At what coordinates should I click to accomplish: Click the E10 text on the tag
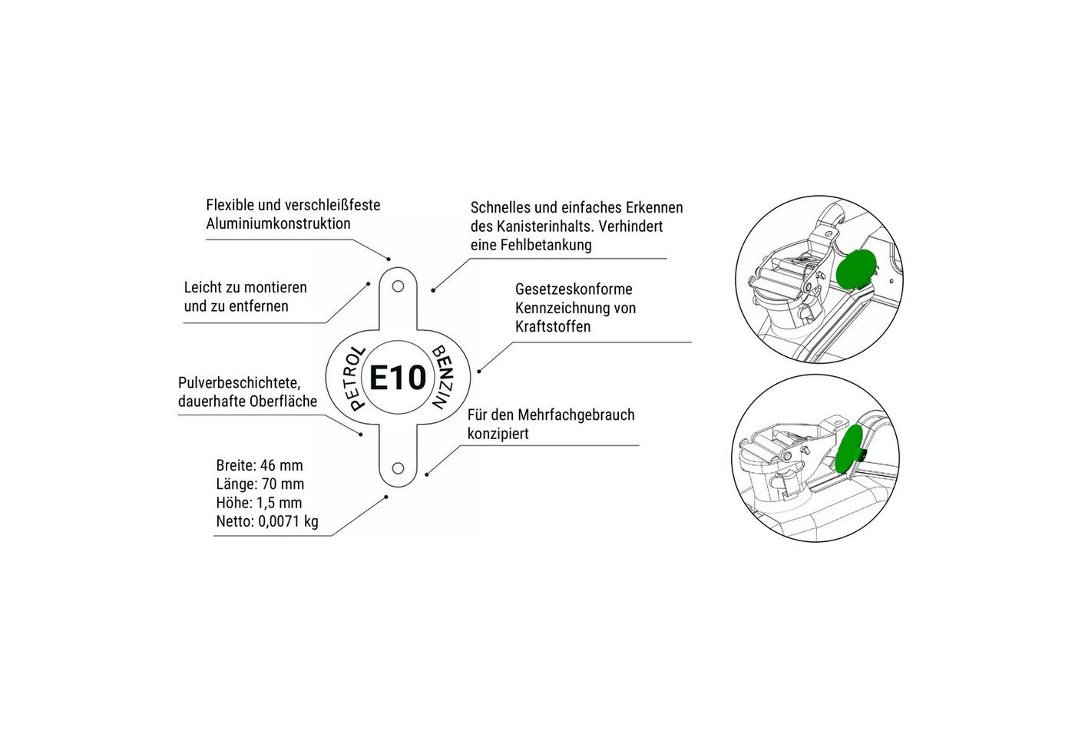point(398,378)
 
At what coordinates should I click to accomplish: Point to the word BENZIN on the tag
point(442,377)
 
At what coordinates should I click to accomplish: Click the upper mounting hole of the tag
point(398,286)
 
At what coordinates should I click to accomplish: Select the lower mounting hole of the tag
point(398,468)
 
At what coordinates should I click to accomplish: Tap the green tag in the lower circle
point(848,449)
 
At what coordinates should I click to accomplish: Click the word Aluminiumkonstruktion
point(278,223)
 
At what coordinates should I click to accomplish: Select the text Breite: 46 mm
point(260,465)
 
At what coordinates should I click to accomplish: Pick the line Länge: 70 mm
point(260,484)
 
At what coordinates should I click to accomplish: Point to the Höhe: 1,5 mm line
point(260,503)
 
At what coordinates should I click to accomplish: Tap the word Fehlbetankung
point(546,245)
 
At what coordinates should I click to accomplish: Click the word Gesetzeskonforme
point(574,289)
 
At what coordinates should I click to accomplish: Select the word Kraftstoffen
point(553,327)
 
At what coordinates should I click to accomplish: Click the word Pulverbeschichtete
point(240,383)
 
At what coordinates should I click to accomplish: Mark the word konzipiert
point(498,434)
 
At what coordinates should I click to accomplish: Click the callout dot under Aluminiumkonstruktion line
point(389,259)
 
